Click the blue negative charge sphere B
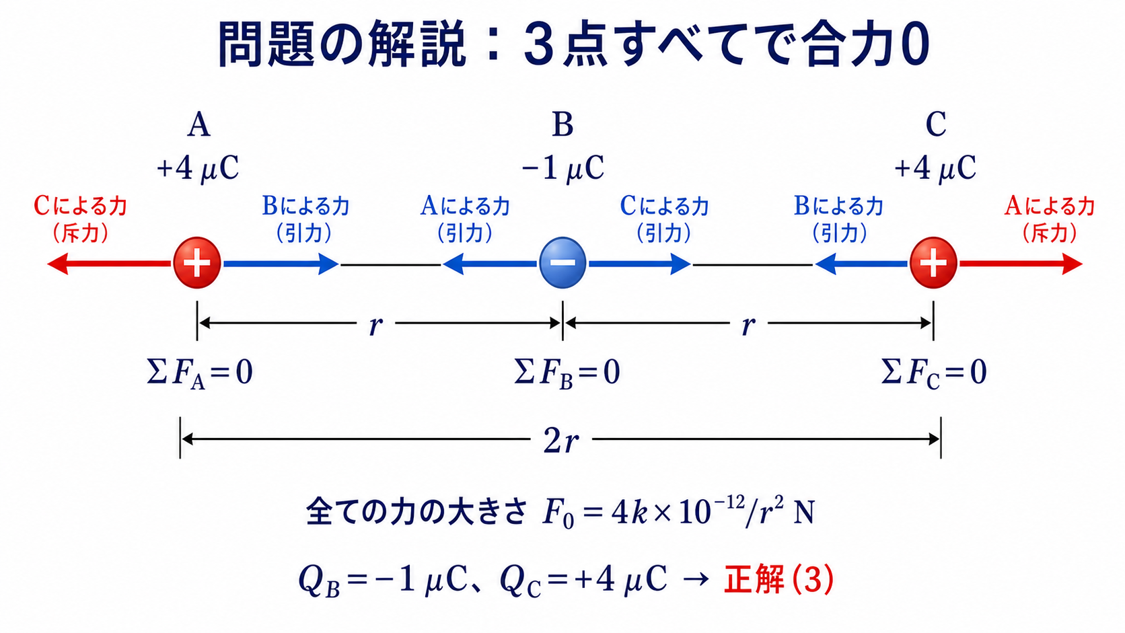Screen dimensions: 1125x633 coord(562,263)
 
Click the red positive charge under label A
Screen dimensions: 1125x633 coord(197,263)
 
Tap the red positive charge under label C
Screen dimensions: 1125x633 coord(933,263)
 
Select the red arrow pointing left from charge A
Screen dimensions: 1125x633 coord(110,264)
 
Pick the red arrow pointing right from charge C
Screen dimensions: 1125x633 coord(1021,264)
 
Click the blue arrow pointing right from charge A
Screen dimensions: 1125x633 coord(281,264)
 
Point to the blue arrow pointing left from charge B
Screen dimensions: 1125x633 coord(491,264)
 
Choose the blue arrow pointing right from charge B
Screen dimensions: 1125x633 coord(639,264)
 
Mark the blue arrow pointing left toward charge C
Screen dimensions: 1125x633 coord(861,264)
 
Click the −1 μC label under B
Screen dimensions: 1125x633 coord(563,168)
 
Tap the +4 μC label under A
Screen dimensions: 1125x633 coord(198,168)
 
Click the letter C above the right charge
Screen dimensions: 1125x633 coord(936,124)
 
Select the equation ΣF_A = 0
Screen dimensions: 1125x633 coord(199,373)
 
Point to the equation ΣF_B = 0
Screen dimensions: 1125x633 coord(567,373)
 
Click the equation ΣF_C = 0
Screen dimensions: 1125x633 coord(934,373)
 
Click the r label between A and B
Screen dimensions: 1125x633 coord(375,326)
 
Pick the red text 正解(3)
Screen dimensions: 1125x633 coord(779,579)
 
